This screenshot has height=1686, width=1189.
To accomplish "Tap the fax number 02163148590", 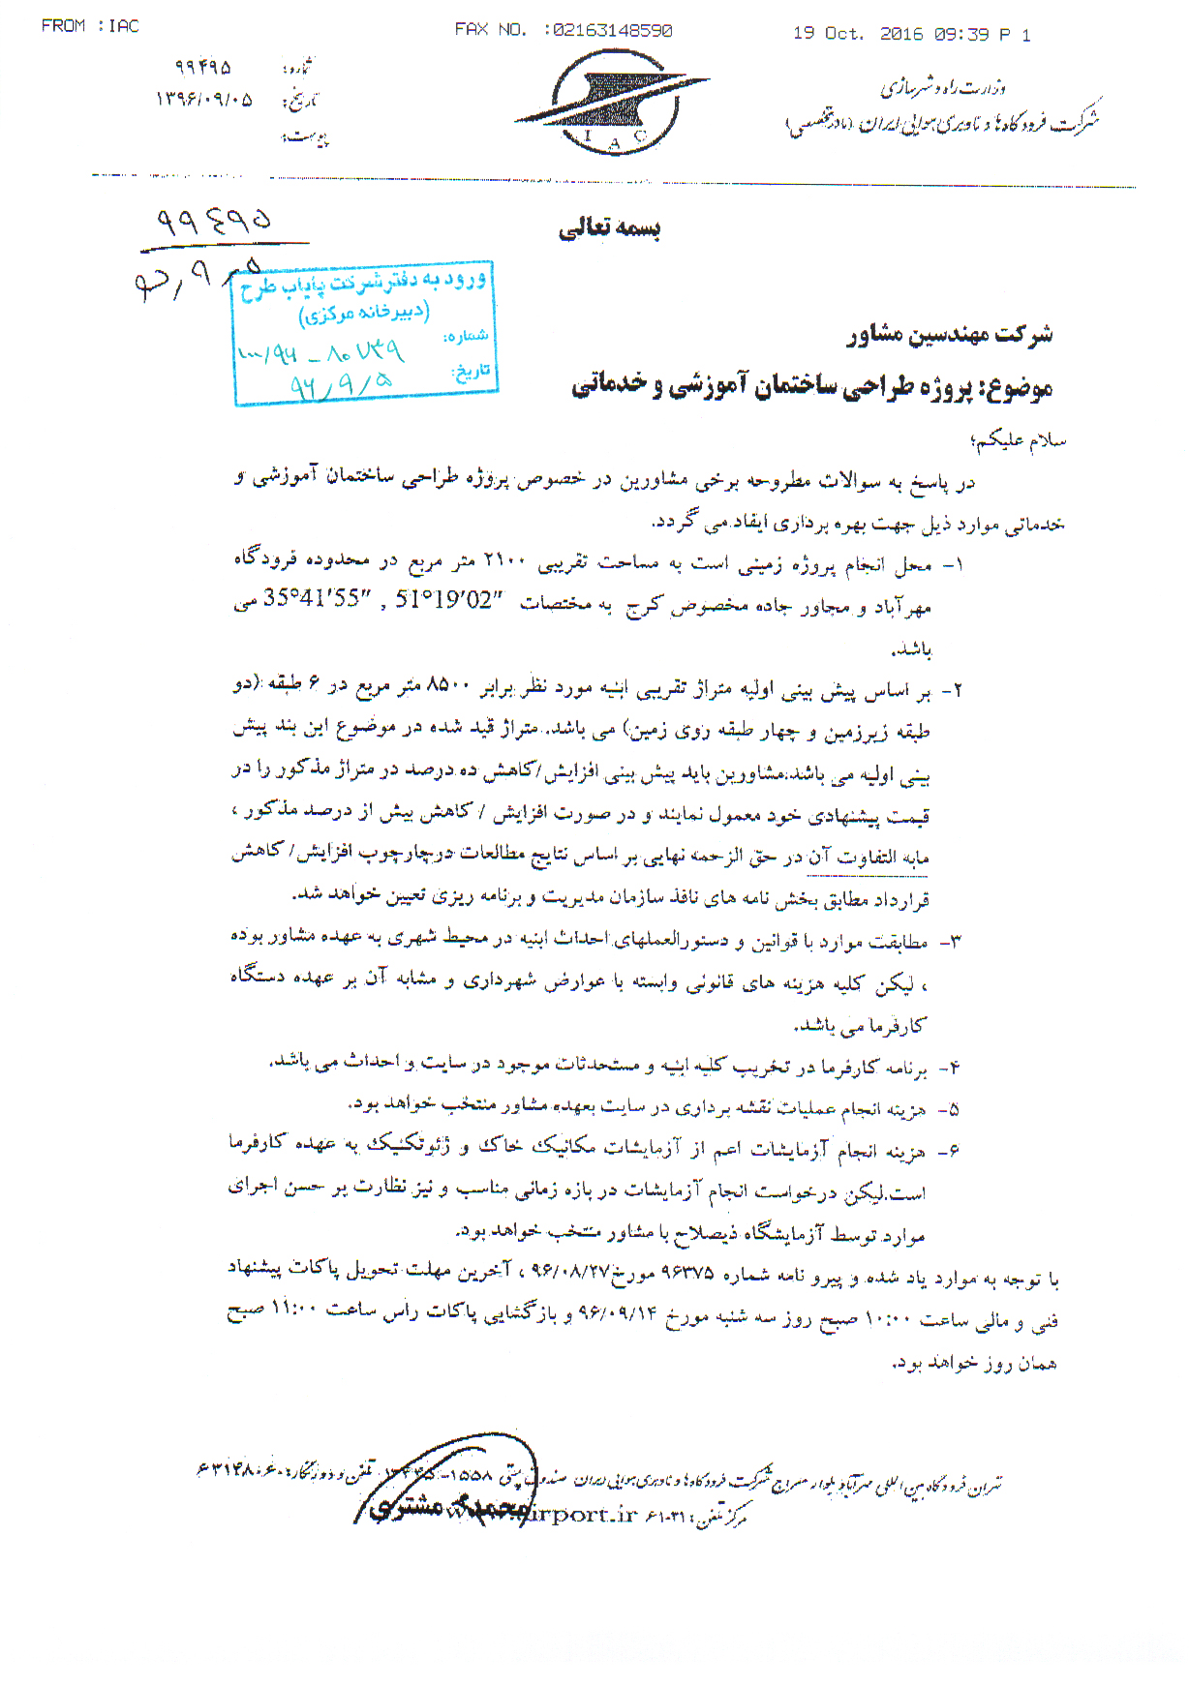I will point(610,31).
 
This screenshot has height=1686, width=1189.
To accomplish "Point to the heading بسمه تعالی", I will point(609,228).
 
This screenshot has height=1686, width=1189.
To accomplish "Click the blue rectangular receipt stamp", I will point(365,333).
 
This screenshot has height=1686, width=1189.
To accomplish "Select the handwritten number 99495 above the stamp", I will point(215,222).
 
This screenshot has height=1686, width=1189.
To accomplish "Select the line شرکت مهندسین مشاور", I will point(949,335).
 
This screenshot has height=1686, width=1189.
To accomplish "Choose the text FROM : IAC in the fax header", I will point(90,26).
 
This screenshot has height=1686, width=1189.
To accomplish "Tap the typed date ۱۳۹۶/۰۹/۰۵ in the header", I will point(204,99).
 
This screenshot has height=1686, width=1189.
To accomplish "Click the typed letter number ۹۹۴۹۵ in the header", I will point(203,68).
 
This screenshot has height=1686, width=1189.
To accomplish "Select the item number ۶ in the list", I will point(954,1151).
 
